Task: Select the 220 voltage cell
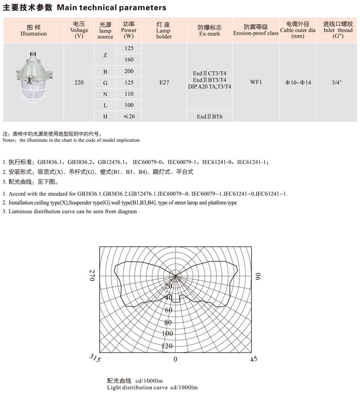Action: coord(79,82)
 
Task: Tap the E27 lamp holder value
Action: coord(164,82)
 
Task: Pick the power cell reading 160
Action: coord(129,60)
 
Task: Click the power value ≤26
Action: coord(129,117)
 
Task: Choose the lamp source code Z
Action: coord(105,54)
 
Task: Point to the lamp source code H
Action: coord(105,117)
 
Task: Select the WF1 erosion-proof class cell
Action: coord(256,82)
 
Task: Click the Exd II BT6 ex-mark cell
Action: coord(210,117)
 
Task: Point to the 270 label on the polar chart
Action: coord(92,276)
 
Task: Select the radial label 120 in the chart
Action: coord(168,346)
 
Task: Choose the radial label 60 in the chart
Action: coord(169,310)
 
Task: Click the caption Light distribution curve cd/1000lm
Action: coord(152,388)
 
